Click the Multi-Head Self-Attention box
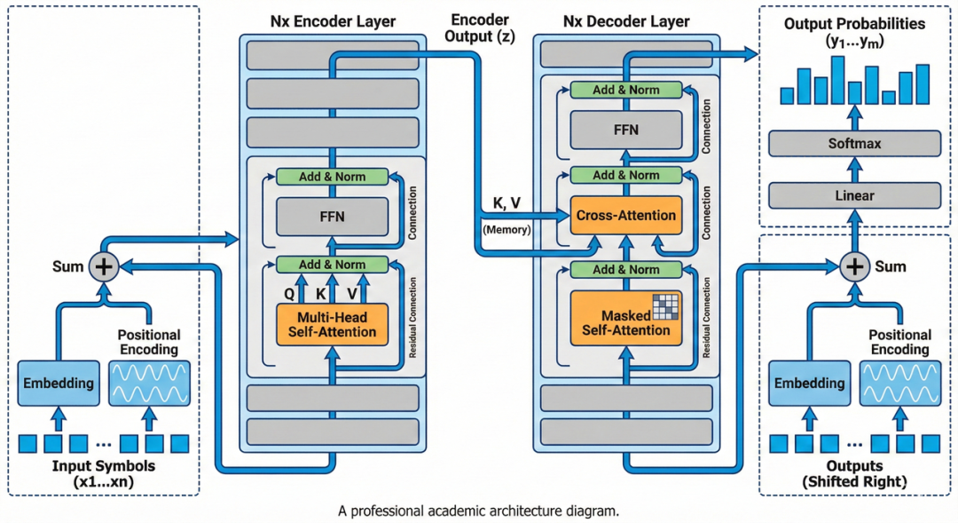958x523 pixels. point(333,324)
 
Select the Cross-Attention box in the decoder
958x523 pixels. point(625,216)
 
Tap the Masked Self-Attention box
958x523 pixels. point(625,322)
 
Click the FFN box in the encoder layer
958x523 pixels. point(333,216)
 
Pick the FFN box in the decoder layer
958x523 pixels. point(625,130)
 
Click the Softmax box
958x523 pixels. point(854,144)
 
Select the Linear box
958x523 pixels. point(854,195)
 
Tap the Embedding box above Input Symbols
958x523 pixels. point(59,384)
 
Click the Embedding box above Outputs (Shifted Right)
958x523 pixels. point(809,384)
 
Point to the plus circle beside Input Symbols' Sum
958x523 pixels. point(105,265)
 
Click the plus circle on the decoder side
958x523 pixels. point(854,265)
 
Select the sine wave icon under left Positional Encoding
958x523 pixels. point(149,384)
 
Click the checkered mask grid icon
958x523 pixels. point(664,306)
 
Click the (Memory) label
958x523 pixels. point(506,230)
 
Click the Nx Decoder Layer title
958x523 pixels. point(626,20)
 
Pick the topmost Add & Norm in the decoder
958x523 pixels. point(625,90)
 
